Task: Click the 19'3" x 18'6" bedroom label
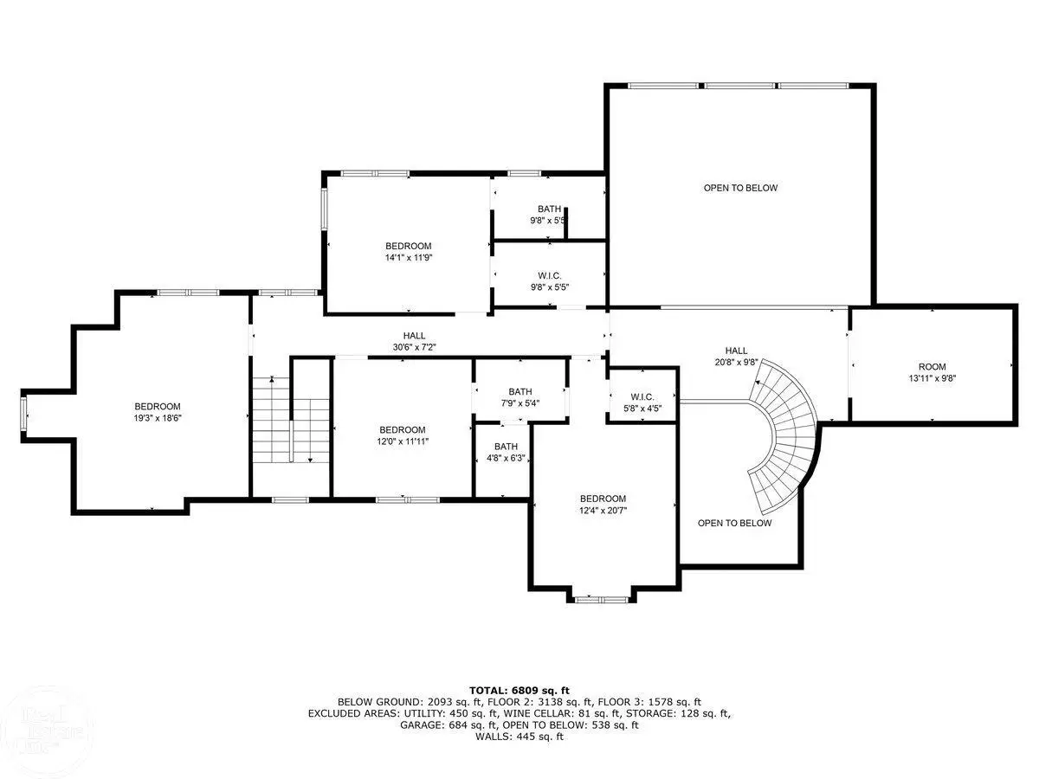[x=158, y=412]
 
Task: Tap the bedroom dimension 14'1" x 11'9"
[x=409, y=257]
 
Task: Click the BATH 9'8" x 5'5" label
[x=549, y=215]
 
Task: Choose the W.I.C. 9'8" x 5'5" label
[x=549, y=281]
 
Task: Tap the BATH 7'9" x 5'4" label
[x=519, y=397]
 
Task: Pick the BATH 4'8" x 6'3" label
[x=506, y=452]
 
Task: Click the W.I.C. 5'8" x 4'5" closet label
[x=642, y=402]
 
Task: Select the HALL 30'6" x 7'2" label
[x=414, y=341]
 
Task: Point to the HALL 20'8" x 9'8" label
[x=736, y=356]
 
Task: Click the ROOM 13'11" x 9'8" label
[x=932, y=372]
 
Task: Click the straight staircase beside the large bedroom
[x=290, y=420]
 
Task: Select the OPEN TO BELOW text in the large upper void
[x=740, y=188]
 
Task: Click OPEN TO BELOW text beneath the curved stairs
[x=734, y=523]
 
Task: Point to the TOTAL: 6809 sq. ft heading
[x=519, y=691]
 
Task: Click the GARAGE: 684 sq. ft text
[x=449, y=725]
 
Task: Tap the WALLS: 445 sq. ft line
[x=519, y=737]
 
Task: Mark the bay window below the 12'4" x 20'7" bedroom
[x=601, y=599]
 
